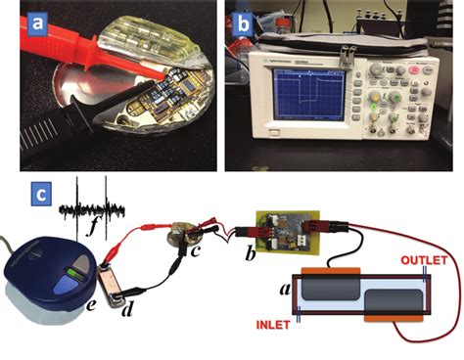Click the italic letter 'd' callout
coord(125,311)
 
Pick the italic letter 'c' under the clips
coord(194,257)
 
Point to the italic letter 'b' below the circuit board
coord(250,255)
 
